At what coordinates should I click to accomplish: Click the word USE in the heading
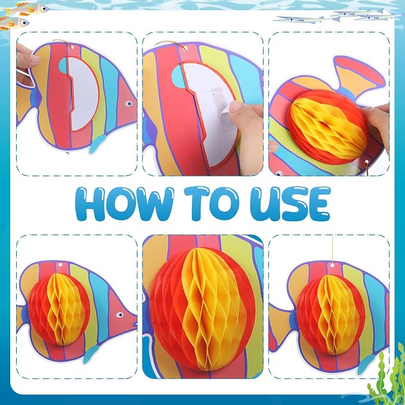[x=290, y=203]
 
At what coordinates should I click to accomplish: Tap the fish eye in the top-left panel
[x=128, y=104]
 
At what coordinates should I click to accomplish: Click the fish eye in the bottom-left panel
[x=119, y=315]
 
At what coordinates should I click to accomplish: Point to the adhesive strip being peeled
[x=221, y=109]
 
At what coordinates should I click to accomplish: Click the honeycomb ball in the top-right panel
[x=328, y=127]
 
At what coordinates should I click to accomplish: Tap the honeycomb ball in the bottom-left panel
[x=59, y=309]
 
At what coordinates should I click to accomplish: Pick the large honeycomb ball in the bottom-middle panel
[x=202, y=308]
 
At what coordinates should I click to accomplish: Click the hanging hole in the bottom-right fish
[x=332, y=265]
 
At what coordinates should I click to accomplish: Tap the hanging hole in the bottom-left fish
[x=60, y=265]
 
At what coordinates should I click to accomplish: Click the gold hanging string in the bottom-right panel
[x=332, y=249]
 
